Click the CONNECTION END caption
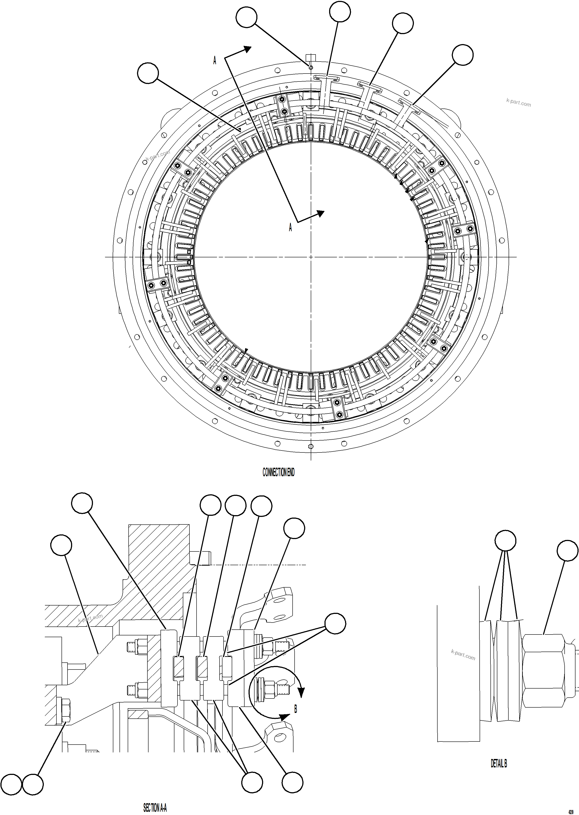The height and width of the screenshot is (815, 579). click(278, 472)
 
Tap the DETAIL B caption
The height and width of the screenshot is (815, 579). click(499, 763)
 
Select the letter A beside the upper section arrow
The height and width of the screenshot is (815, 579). click(215, 61)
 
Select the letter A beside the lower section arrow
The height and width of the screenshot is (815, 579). click(290, 227)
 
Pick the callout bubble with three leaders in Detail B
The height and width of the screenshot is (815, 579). click(506, 541)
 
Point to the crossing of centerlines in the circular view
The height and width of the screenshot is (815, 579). click(311, 257)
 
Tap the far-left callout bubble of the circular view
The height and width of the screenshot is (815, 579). click(148, 73)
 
